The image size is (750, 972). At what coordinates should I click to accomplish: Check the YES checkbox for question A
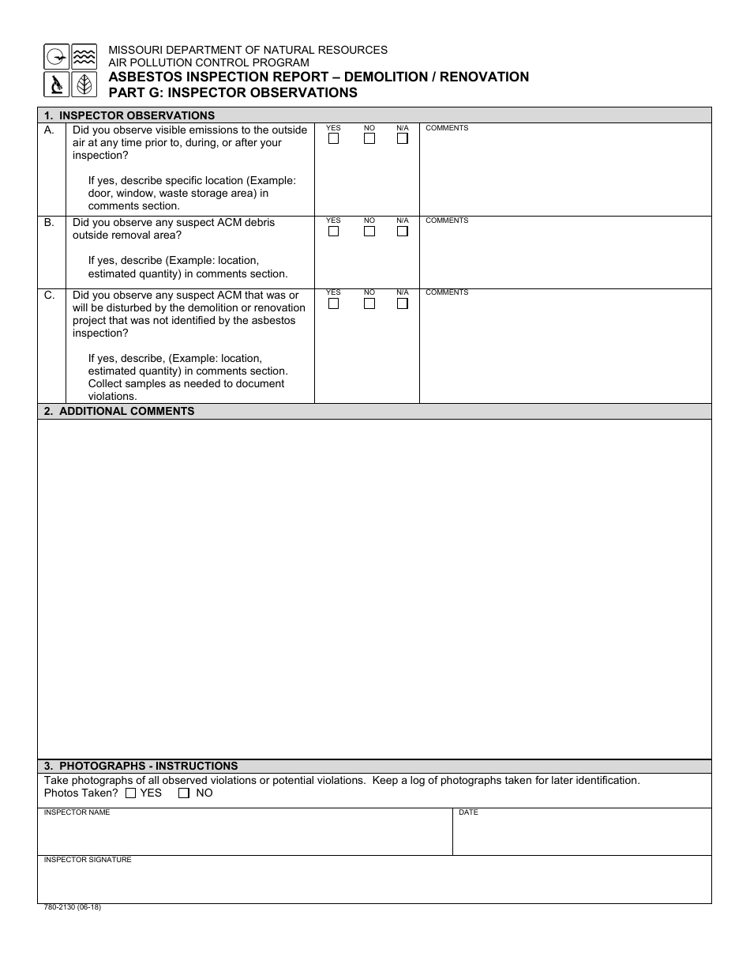coord(334,139)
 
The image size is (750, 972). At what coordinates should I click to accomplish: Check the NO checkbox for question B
coord(369,232)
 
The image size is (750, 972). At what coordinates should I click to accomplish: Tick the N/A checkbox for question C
coord(403,303)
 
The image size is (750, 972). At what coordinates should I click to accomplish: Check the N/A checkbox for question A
coord(403,139)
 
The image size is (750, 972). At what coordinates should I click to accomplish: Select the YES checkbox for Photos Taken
coord(131,793)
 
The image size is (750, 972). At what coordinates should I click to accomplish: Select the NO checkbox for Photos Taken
coord(184,793)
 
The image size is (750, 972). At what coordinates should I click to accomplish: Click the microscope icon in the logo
coord(56,84)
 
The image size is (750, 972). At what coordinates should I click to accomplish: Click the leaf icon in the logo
coord(84,84)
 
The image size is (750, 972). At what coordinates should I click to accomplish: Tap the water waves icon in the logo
coord(84,56)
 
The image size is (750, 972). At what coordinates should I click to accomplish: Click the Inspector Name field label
coord(77,812)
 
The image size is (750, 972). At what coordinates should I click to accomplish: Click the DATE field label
coord(468,812)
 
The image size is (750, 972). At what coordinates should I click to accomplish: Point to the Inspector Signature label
coord(88,860)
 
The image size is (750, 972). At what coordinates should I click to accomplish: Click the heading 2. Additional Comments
coord(119,411)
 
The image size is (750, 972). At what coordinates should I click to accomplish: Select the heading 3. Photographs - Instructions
coord(141,766)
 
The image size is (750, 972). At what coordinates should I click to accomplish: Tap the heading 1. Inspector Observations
coord(129,115)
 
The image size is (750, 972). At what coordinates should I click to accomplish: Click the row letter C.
coord(50,295)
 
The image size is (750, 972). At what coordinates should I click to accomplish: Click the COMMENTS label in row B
coord(447,220)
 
